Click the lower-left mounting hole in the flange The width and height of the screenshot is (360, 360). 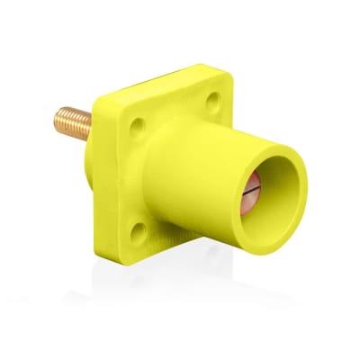pos(137,233)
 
